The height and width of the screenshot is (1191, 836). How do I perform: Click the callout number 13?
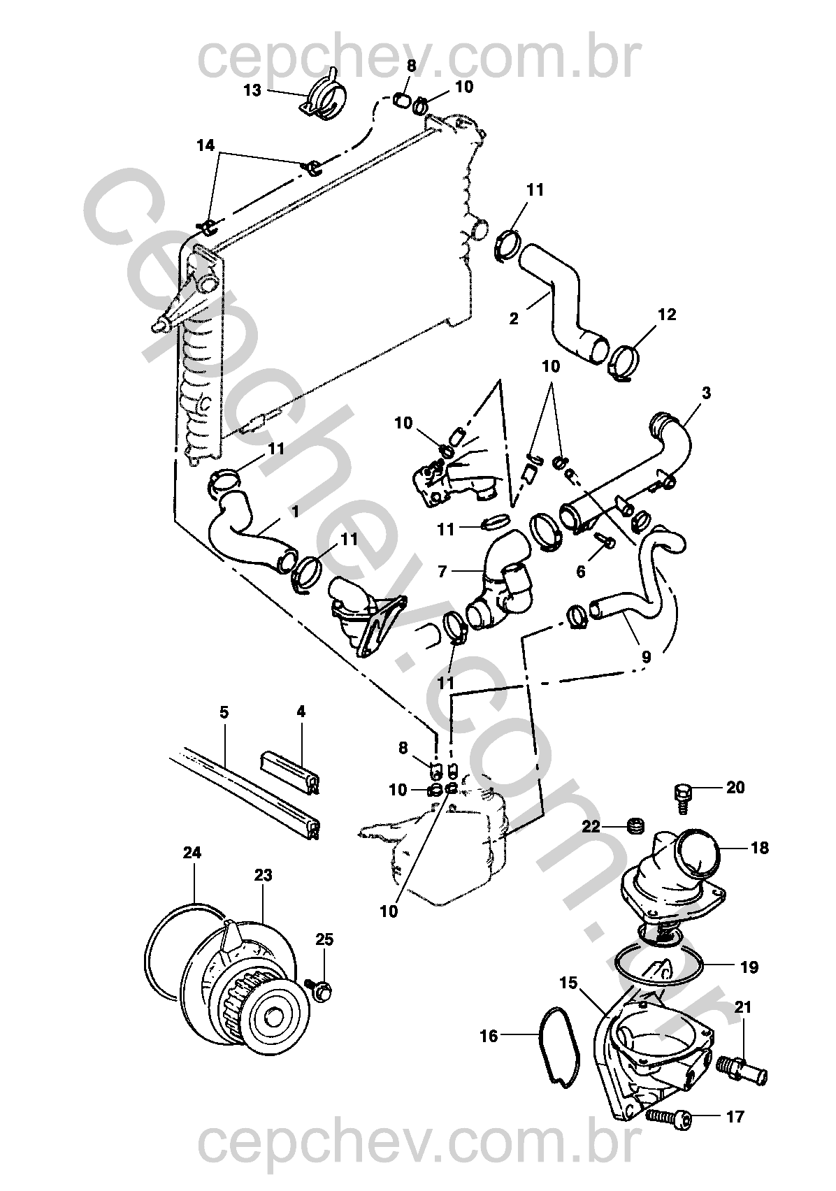252,90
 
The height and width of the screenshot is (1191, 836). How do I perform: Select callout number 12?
667,315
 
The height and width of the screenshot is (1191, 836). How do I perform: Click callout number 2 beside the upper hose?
514,318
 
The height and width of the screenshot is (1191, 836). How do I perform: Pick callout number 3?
706,393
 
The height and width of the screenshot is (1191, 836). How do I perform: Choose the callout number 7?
442,572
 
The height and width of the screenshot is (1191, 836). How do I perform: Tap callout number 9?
646,657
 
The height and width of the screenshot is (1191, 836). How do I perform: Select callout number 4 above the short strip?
301,712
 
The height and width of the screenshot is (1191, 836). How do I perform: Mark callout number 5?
224,712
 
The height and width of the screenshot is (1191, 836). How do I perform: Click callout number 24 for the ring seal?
192,853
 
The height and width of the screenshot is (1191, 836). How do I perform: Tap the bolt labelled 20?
682,794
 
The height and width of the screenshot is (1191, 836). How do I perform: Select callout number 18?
759,848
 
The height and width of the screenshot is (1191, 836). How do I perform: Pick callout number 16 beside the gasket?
489,1035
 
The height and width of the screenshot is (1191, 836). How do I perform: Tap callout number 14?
206,145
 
